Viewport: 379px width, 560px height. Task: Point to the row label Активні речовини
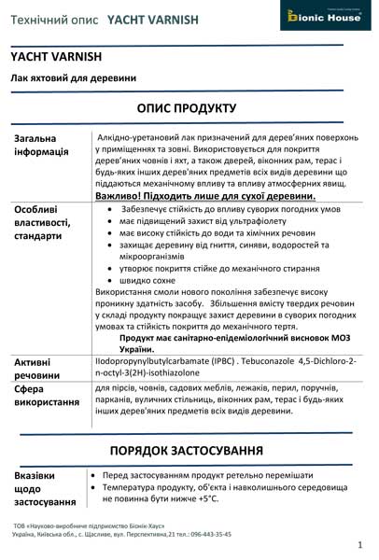pos(38,368)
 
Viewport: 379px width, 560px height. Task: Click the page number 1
pos(359,543)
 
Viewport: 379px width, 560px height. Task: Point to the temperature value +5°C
pos(204,499)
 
